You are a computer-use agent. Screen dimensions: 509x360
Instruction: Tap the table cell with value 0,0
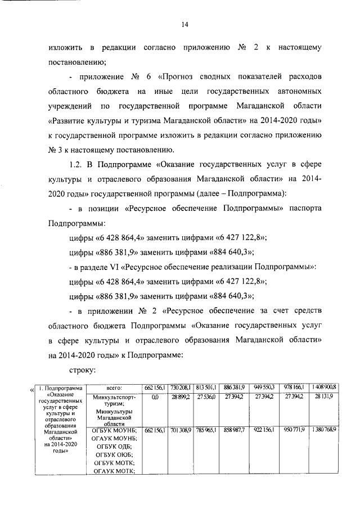pos(155,397)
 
